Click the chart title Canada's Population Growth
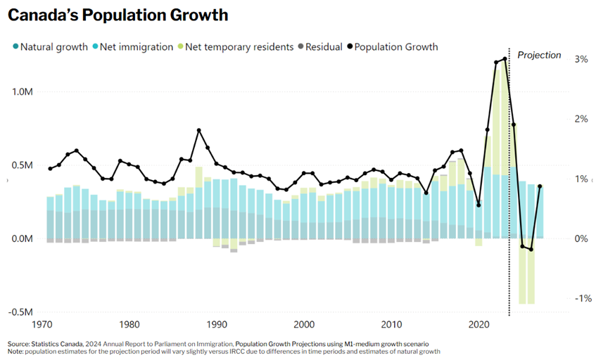118,15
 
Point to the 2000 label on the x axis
304,325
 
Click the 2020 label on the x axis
479,325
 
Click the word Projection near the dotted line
539,55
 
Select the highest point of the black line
505,59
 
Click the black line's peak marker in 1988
199,130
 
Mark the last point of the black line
540,186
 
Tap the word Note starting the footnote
15,351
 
